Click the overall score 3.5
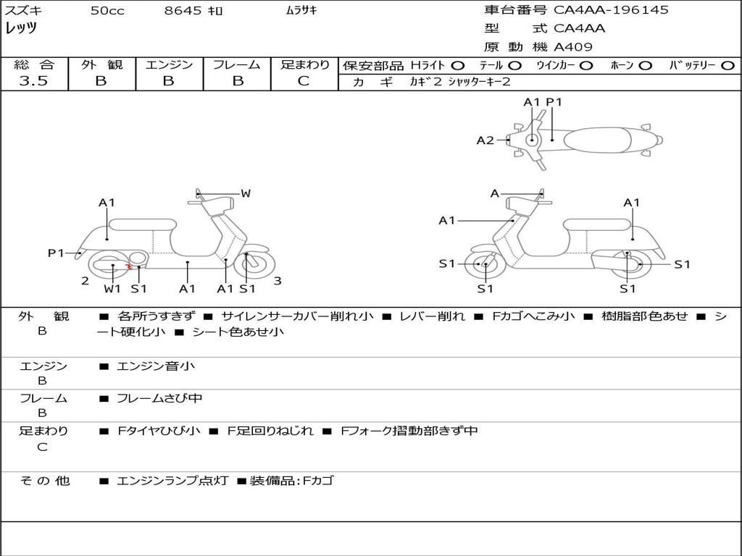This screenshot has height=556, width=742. tap(33, 80)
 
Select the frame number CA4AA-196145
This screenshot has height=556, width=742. tap(611, 9)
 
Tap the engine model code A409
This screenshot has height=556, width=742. tap(572, 47)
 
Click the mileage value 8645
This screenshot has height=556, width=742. tap(183, 10)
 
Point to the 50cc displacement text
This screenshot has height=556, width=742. tap(107, 10)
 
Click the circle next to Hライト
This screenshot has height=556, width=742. tap(458, 66)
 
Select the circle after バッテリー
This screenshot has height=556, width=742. tap(728, 66)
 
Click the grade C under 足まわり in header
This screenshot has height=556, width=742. tap(304, 81)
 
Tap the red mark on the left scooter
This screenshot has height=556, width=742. tap(128, 268)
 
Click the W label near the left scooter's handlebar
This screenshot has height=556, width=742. tap(246, 193)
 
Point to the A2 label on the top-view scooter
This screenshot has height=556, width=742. tap(485, 140)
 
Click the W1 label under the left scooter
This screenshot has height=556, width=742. tap(112, 288)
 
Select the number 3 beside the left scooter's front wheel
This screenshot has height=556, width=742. tap(278, 281)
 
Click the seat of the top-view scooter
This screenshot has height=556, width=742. tap(597, 140)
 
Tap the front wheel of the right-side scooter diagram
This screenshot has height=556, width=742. tap(485, 264)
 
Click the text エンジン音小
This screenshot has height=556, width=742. tap(155, 366)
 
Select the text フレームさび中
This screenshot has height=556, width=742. tap(159, 398)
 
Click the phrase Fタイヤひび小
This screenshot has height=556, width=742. tap(159, 431)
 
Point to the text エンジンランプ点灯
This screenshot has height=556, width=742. tap(172, 481)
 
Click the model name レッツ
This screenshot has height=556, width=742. tap(21, 28)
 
